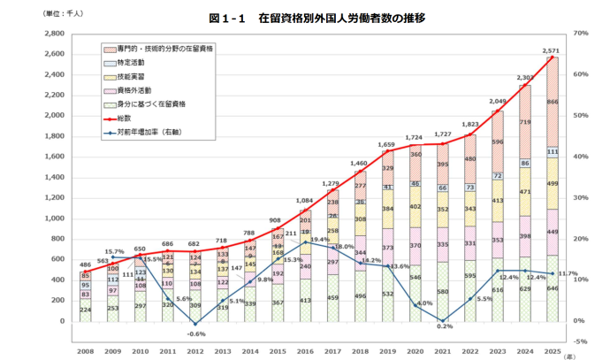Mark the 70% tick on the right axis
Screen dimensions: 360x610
[x=581, y=34]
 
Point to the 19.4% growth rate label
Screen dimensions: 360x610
[x=319, y=240]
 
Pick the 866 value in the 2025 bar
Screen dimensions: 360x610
[x=552, y=103]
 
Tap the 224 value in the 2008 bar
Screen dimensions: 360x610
[x=85, y=310]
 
